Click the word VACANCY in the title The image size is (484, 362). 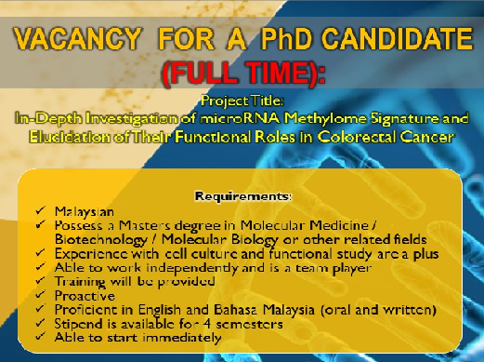[x=77, y=39]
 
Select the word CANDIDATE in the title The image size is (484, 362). [x=398, y=39]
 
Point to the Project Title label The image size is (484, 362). [x=242, y=101]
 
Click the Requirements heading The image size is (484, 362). [x=243, y=196]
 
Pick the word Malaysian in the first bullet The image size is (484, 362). [x=85, y=212]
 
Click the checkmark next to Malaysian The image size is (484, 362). [x=41, y=210]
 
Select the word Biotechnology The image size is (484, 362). [x=100, y=240]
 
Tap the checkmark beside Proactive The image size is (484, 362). [x=41, y=294]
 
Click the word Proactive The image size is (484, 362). [x=85, y=296]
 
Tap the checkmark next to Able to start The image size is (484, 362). [x=41, y=336]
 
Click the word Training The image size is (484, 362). [x=80, y=282]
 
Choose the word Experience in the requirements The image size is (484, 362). [x=91, y=254]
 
